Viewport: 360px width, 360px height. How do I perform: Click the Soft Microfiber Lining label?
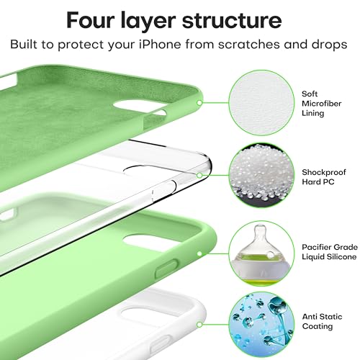coord(317,102)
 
